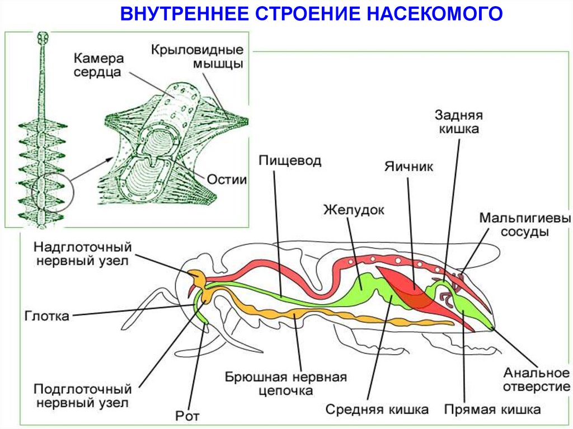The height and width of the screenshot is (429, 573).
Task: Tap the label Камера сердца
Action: point(97,65)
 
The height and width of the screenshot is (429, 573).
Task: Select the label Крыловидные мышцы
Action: point(196,56)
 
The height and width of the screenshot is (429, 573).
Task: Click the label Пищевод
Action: point(290,161)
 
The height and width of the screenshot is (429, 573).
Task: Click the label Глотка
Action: point(47,317)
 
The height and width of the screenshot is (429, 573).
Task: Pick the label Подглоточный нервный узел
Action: point(82,395)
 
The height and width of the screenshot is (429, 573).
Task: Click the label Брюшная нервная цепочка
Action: point(286,384)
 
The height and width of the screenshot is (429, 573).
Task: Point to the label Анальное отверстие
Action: point(536,380)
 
